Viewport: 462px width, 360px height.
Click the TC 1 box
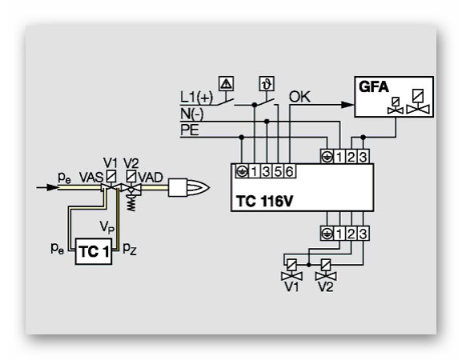tap(94, 252)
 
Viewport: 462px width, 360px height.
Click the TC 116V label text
tap(264, 202)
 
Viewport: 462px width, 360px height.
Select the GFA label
tap(374, 87)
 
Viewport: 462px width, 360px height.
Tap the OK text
tap(299, 97)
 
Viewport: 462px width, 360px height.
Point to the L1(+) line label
tap(196, 97)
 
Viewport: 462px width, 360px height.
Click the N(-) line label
tap(192, 114)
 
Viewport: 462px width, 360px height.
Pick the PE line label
tap(190, 130)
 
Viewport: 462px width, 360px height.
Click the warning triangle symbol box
tap(227, 83)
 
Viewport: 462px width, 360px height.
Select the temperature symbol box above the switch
tap(267, 83)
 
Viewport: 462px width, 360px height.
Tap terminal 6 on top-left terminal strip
tap(290, 171)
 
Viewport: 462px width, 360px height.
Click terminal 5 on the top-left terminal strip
tap(278, 171)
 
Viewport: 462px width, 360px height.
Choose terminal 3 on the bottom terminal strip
tap(363, 234)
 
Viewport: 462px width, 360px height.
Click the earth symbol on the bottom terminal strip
tap(327, 234)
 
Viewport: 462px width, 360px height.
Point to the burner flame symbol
tap(199, 187)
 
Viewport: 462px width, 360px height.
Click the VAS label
tap(91, 178)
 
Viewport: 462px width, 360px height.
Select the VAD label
tap(151, 178)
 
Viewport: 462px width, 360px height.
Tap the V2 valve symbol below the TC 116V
tap(326, 270)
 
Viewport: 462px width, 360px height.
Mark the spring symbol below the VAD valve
tap(131, 203)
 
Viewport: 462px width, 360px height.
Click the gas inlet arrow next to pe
tap(47, 187)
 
